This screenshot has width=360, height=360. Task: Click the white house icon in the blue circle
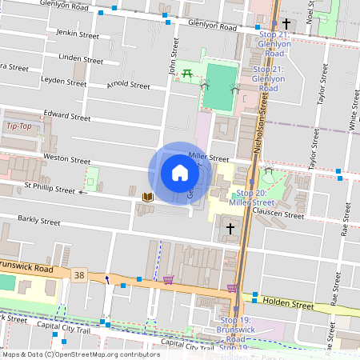pos(179,173)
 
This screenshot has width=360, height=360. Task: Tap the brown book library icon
pos(147,196)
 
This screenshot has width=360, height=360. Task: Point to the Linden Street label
pos(81,59)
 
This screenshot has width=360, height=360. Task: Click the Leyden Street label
pos(64,82)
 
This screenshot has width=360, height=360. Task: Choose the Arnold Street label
pos(128,85)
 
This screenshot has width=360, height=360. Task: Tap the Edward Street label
pos(68,116)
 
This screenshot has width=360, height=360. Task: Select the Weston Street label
pos(67,158)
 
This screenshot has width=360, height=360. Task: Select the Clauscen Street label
pos(278,214)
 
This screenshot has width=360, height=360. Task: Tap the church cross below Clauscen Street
pos(230,229)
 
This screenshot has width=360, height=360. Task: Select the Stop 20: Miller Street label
pos(251,198)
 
